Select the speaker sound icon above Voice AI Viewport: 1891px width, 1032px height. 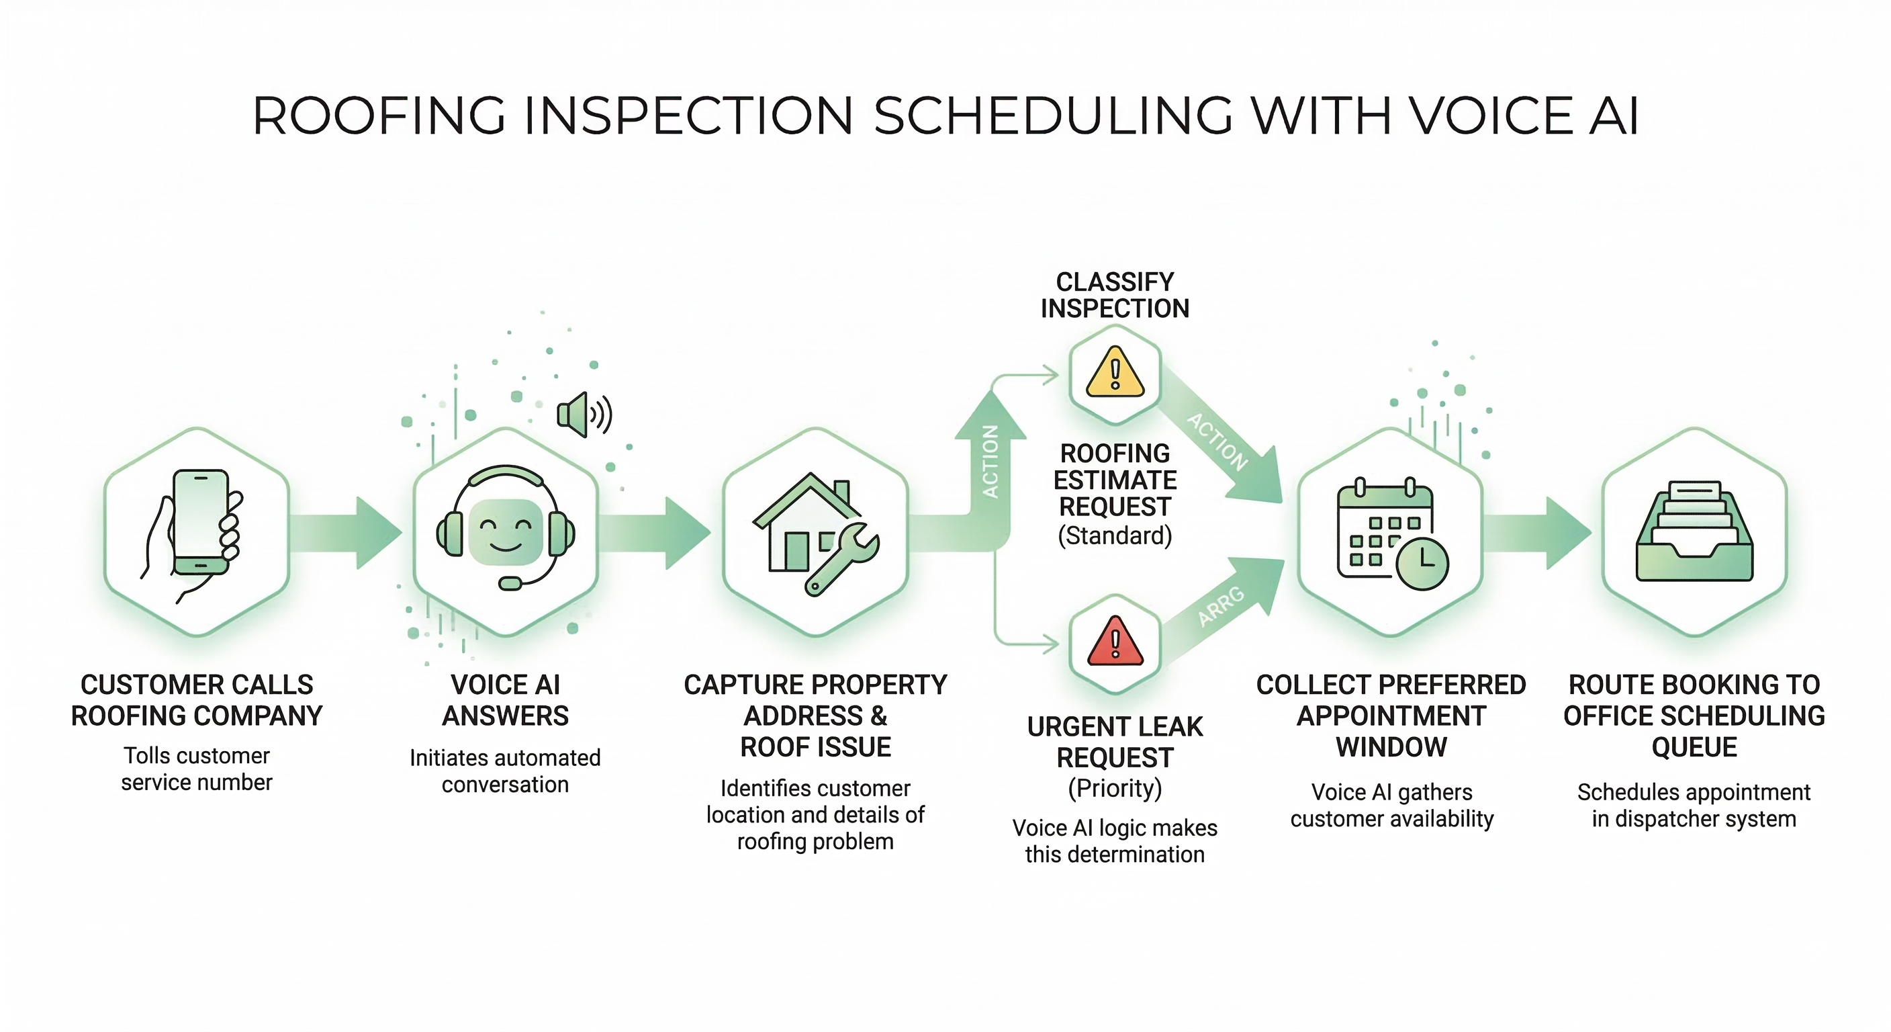tap(584, 415)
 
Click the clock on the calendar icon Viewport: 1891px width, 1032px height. tap(1422, 564)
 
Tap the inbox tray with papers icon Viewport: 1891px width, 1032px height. tap(1694, 533)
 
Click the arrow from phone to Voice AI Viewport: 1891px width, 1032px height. tap(345, 533)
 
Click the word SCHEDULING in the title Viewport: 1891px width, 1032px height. tap(1053, 116)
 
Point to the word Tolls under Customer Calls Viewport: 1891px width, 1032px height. tap(147, 755)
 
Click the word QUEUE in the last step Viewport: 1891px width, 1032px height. tap(1694, 747)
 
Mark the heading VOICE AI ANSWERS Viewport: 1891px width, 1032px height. tap(505, 700)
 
